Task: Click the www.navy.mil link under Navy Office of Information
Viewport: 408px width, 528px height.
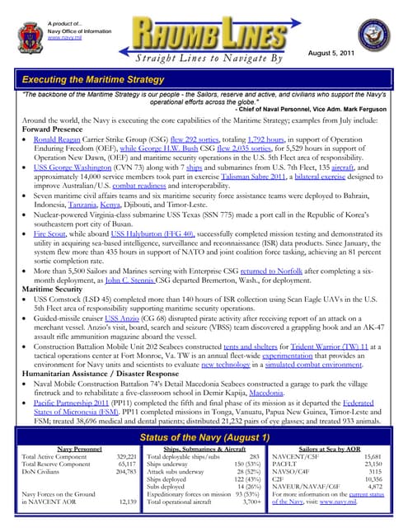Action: (x=64, y=38)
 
